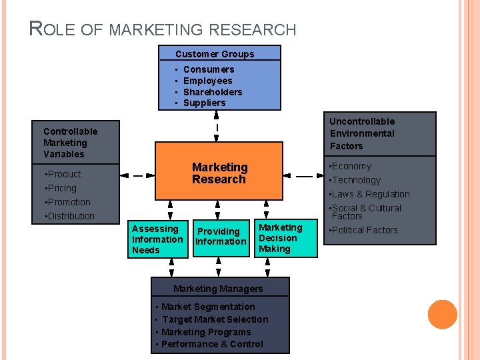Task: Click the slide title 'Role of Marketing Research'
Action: (163, 29)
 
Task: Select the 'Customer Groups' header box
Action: (215, 54)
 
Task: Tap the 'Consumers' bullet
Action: (208, 69)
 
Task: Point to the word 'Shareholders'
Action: (212, 92)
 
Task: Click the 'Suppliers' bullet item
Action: (204, 103)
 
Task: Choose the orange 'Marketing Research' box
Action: (219, 173)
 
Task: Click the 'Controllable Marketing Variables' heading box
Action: (70, 143)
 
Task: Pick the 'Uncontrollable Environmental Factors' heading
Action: (362, 133)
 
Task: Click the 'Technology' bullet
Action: (357, 180)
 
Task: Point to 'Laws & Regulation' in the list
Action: (371, 194)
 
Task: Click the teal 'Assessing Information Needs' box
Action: (157, 239)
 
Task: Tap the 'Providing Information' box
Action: (221, 237)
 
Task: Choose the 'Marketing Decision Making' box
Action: (280, 238)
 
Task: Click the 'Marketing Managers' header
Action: (218, 289)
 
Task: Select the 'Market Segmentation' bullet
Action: (208, 307)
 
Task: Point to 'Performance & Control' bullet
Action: (212, 344)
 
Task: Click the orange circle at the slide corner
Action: (442, 314)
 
